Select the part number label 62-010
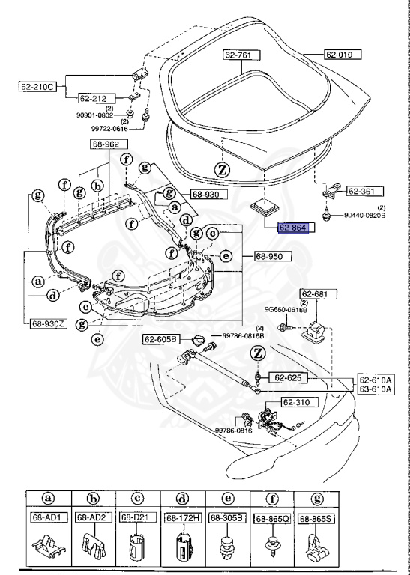(342, 55)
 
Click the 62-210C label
(38, 87)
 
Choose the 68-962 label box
(110, 144)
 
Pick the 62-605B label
(162, 339)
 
